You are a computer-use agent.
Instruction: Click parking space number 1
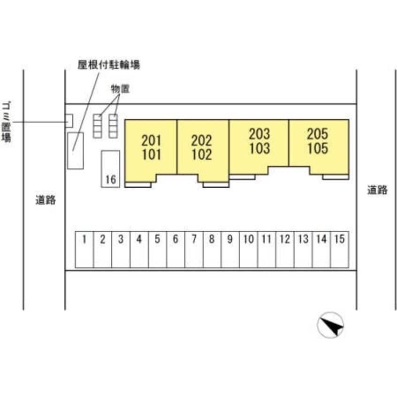click(84, 250)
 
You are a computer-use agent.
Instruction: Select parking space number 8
click(212, 250)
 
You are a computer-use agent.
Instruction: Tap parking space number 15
click(339, 250)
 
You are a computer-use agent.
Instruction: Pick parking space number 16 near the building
click(111, 169)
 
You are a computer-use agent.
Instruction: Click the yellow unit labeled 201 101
click(151, 148)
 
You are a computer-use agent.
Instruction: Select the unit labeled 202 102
click(202, 148)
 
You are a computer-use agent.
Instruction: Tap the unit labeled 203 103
click(259, 141)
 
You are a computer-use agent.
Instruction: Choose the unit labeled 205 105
click(318, 141)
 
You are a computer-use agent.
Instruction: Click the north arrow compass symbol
click(330, 325)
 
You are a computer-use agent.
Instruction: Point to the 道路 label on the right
click(377, 190)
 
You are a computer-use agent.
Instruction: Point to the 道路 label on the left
click(46, 200)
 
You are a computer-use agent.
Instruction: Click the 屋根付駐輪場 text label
click(108, 65)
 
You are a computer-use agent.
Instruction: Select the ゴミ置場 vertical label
click(7, 121)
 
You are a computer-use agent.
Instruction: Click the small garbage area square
click(69, 121)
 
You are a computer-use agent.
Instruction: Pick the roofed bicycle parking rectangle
click(75, 151)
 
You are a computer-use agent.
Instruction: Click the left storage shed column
click(97, 126)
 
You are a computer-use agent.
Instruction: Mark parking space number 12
click(284, 250)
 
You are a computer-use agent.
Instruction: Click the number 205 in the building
click(318, 134)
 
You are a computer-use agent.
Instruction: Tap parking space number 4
click(139, 250)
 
